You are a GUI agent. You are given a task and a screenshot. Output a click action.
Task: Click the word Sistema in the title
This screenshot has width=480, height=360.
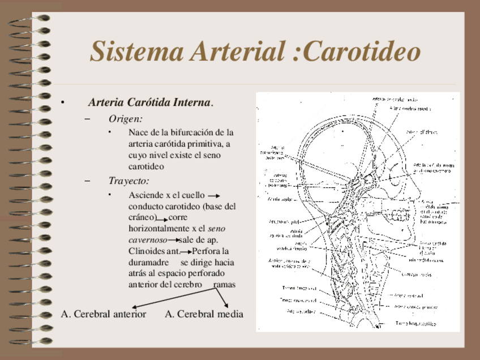(137, 51)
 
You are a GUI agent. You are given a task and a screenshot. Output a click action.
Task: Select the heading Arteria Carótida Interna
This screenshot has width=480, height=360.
(151, 102)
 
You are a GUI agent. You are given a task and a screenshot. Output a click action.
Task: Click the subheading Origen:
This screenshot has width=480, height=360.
(125, 118)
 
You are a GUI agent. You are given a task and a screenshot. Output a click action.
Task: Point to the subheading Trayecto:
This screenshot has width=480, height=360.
(129, 181)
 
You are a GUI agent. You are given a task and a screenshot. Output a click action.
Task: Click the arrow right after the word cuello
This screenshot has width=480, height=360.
(214, 195)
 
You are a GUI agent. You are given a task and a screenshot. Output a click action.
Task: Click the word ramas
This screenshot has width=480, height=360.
(224, 284)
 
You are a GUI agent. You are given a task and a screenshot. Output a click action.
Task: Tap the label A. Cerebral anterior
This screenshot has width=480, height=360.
(104, 314)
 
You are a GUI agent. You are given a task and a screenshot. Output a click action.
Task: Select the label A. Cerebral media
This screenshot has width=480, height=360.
(204, 314)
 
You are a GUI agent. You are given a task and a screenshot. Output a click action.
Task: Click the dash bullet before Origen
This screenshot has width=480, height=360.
(87, 119)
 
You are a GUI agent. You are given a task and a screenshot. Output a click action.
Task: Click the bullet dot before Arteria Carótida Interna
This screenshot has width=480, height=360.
(63, 103)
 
